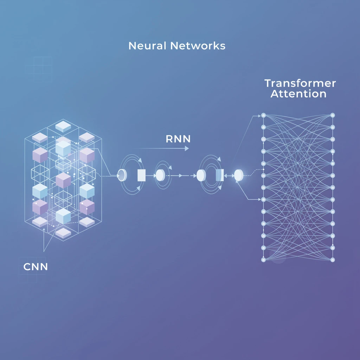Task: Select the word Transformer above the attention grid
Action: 300,84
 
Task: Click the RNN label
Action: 178,139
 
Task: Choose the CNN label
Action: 36,266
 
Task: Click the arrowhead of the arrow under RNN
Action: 186,149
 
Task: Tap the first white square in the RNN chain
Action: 141,175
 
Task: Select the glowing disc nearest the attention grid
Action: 239,175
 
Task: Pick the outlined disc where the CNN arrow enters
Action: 122,175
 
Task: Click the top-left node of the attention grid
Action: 263,115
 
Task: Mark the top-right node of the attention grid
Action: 333,115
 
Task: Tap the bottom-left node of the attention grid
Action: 263,260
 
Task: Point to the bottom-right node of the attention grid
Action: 333,260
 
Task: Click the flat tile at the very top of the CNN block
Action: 63,126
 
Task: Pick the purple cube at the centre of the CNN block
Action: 63,180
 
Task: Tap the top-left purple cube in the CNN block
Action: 40,155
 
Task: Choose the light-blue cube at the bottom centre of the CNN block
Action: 63,216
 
